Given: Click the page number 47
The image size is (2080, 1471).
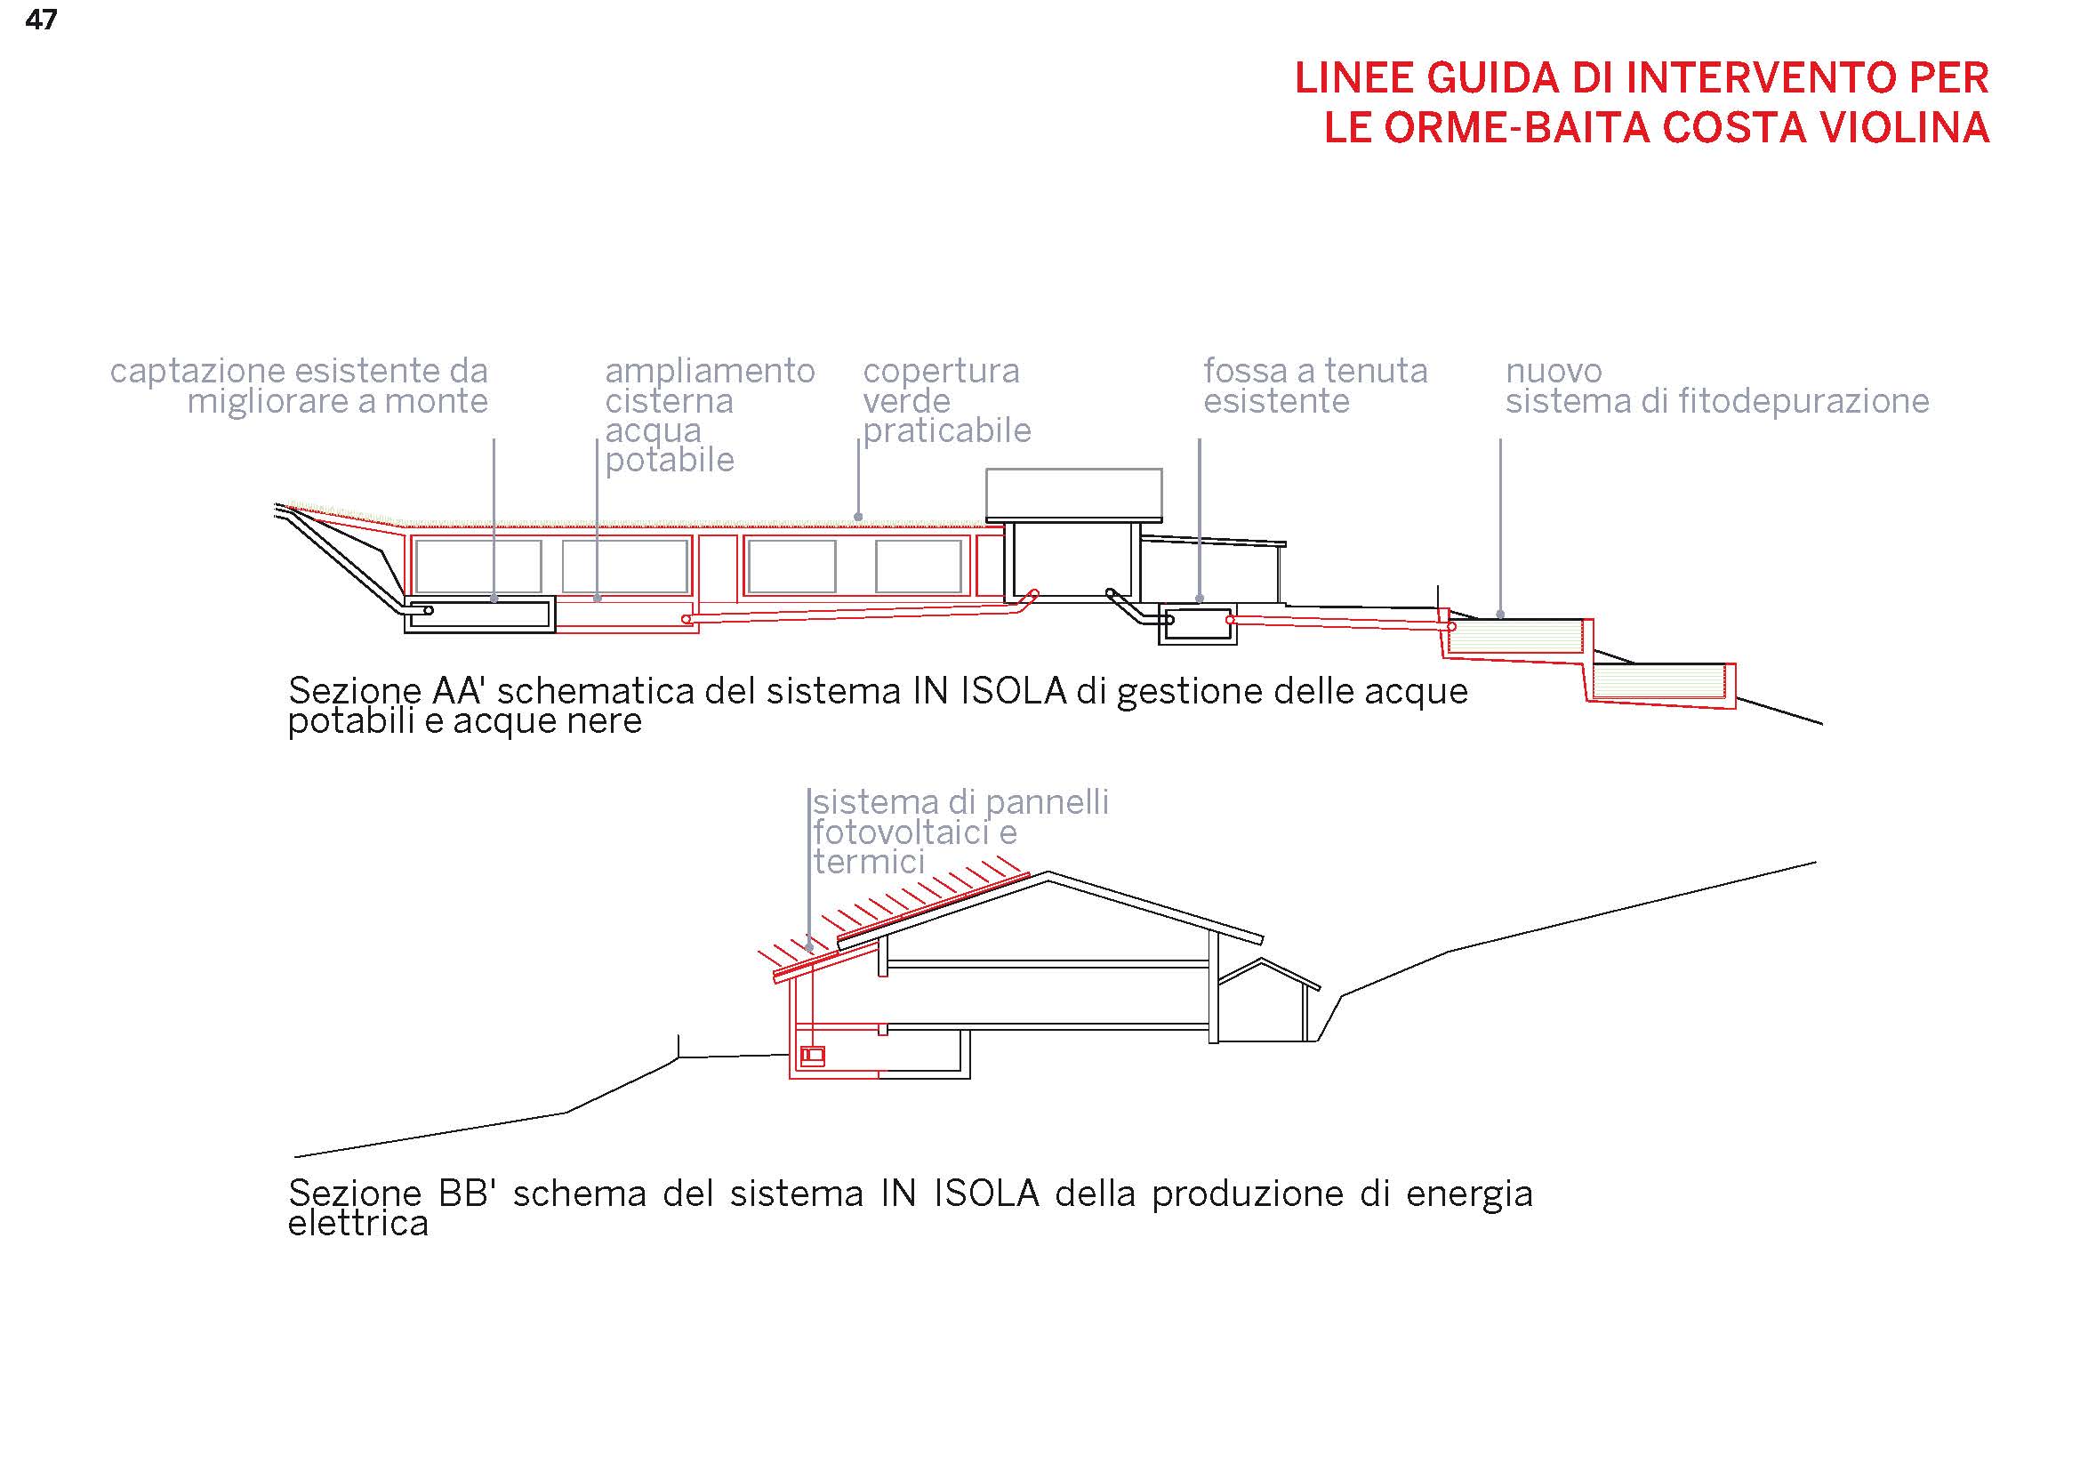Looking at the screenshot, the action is point(42,20).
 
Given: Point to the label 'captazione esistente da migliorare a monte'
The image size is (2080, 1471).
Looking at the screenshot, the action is point(299,385).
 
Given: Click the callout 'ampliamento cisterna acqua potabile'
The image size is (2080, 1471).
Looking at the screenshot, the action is point(711,414).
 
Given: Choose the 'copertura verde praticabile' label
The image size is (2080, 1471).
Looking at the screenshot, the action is point(947,400).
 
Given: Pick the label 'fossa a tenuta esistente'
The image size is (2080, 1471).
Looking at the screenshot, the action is point(1315,385).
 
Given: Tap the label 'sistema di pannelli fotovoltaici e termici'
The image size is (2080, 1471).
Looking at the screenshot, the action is point(960,832).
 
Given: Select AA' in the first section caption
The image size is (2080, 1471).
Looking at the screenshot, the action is point(459,691).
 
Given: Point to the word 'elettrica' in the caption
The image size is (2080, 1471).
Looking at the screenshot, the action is point(357,1224).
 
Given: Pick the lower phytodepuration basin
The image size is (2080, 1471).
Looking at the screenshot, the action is point(1661,683).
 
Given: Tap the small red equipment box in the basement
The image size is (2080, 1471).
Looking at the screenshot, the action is point(813,1056).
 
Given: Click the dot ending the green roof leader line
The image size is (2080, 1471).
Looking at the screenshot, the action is point(858,518).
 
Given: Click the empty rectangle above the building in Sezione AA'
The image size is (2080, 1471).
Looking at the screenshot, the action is point(1073,494).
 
